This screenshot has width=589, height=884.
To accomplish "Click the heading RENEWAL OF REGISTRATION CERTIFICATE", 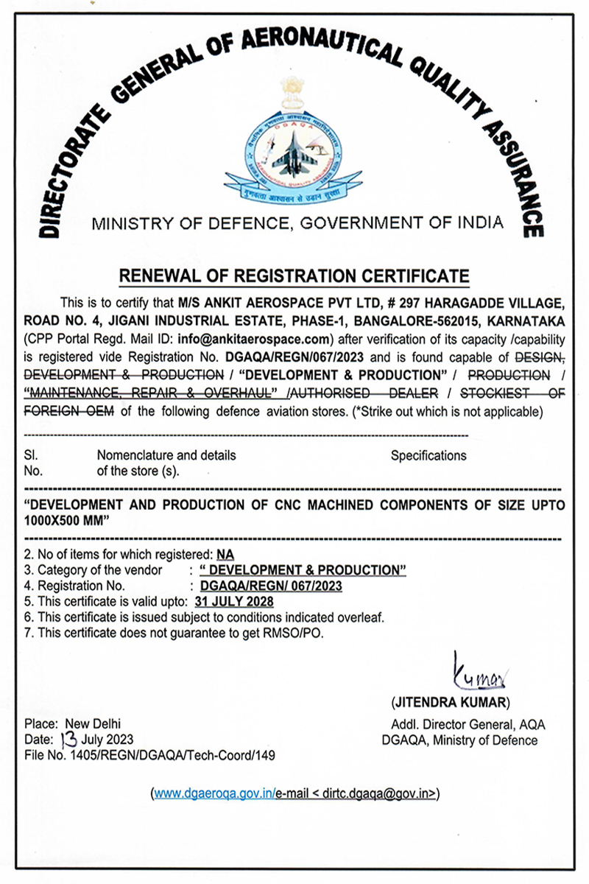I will tap(294, 276).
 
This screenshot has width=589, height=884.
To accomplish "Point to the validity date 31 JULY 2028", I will tap(233, 602).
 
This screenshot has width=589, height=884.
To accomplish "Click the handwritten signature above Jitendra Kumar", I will tap(477, 671).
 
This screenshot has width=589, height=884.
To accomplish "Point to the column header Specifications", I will tap(428, 456).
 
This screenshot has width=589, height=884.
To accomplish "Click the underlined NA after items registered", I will tap(225, 554).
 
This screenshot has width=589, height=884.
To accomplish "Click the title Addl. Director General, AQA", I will tap(468, 725).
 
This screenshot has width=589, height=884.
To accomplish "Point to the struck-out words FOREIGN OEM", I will tap(69, 411).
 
